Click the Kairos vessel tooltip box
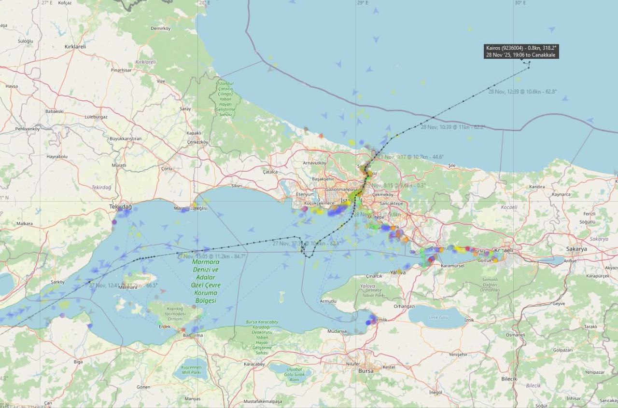[x=521, y=51]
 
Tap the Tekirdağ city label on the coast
[x=120, y=206]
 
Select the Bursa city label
[x=366, y=371]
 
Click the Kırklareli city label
[x=75, y=47]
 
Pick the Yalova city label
[x=398, y=272]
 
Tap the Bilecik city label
[x=509, y=379]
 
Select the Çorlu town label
[x=167, y=168]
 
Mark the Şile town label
[x=451, y=165]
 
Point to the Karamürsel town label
[x=452, y=266]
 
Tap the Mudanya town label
[x=337, y=331]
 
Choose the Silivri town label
[x=237, y=186]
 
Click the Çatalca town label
[x=270, y=171]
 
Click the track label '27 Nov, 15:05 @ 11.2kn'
[x=211, y=256]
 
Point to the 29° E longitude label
[x=363, y=3]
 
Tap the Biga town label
[x=78, y=361]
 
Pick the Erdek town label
[x=165, y=326]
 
